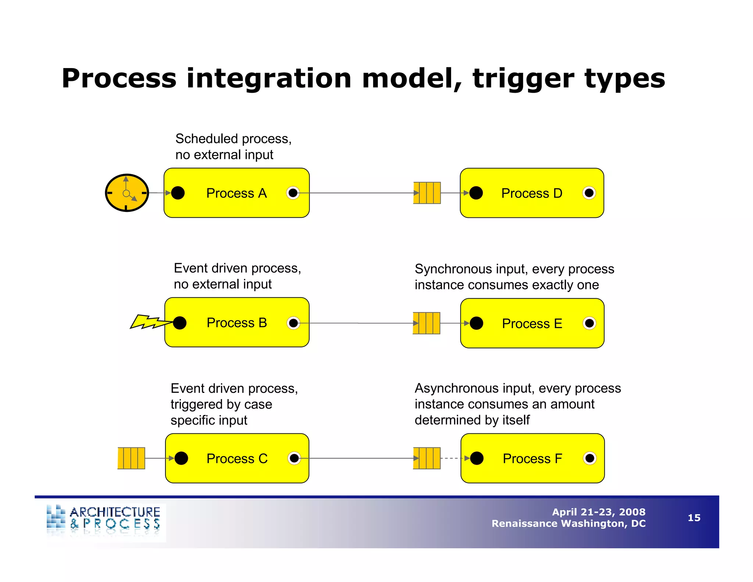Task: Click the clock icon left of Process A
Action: (x=127, y=193)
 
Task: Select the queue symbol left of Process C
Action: (x=131, y=458)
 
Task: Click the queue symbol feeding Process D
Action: (x=427, y=193)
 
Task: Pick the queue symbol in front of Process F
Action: (x=427, y=458)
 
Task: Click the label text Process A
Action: (x=236, y=193)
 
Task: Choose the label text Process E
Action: (x=532, y=323)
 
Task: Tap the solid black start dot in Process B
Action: (x=180, y=323)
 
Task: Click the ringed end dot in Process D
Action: (x=589, y=193)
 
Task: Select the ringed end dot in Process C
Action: (x=294, y=458)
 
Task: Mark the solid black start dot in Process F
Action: (x=477, y=458)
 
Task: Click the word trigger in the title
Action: (x=523, y=79)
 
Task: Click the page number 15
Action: (x=694, y=518)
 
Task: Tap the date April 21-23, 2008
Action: (x=599, y=512)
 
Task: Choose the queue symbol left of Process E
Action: (x=427, y=323)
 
